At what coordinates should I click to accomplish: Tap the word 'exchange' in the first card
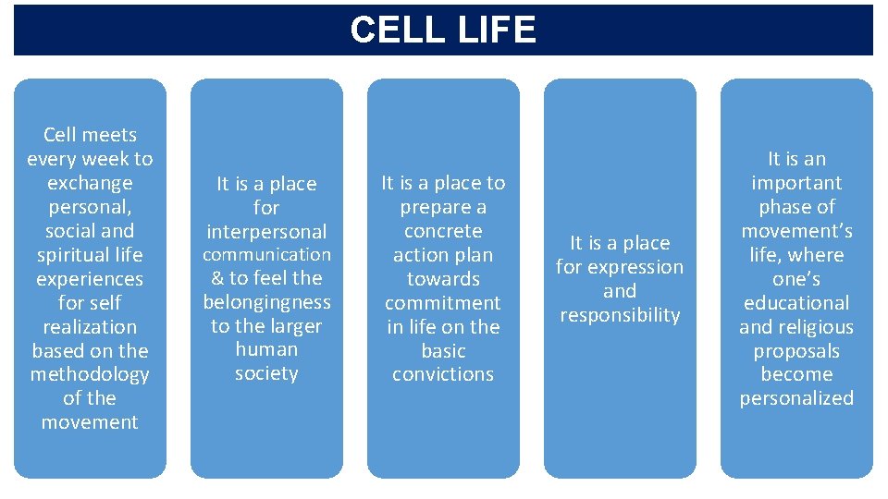(x=90, y=183)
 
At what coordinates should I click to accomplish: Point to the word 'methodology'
(x=90, y=374)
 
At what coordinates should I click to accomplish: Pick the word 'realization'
(x=90, y=327)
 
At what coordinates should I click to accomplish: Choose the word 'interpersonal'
(x=266, y=232)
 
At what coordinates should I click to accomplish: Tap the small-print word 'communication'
(x=266, y=254)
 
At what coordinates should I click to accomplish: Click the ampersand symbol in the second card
(x=217, y=278)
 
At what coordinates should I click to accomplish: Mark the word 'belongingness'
(x=266, y=302)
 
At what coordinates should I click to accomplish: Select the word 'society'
(x=266, y=373)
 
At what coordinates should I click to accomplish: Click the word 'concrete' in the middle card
(x=443, y=231)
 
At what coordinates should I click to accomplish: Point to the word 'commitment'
(x=443, y=303)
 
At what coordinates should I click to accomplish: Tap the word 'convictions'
(x=443, y=374)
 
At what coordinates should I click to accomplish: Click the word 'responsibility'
(x=620, y=315)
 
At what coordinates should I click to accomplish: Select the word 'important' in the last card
(x=796, y=183)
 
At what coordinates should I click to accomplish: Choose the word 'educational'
(x=796, y=303)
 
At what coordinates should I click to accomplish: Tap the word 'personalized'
(x=796, y=398)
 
